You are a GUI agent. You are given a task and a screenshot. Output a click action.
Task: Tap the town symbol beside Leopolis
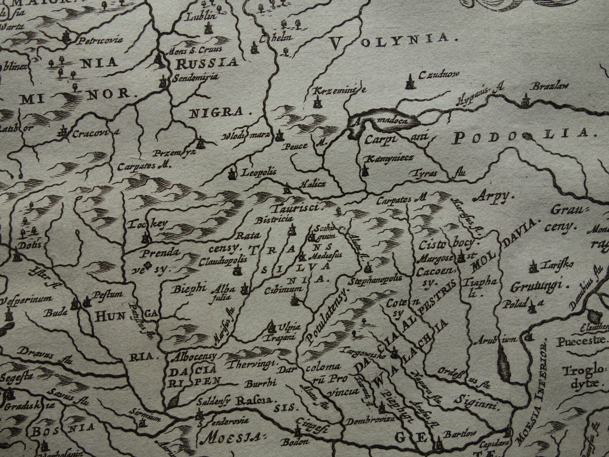[x=232, y=174]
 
